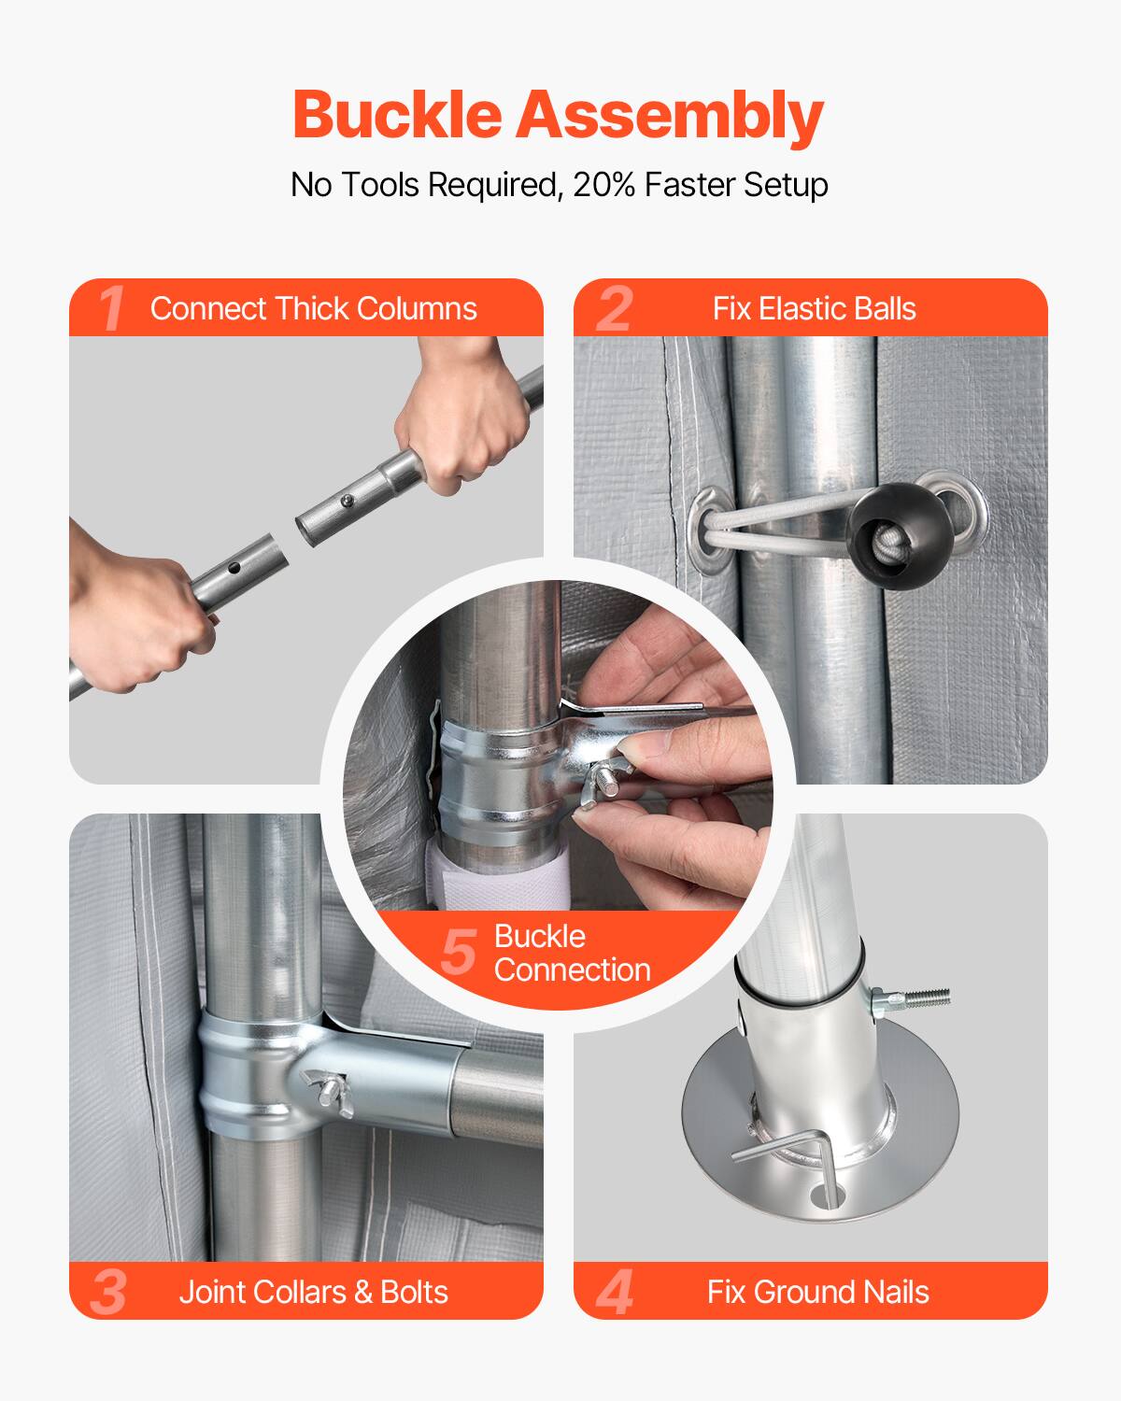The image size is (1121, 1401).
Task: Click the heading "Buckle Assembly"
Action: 558,115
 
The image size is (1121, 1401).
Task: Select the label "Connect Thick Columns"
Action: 313,308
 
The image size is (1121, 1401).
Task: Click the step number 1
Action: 111,308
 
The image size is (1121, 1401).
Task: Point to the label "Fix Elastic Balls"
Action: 814,308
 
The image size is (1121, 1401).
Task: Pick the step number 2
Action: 614,308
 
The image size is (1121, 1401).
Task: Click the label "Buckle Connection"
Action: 571,953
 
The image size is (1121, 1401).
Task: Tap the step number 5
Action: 459,952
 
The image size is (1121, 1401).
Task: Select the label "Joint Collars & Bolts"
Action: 313,1292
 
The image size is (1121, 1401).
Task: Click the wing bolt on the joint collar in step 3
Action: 328,1088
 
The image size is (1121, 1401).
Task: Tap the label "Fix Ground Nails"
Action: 817,1292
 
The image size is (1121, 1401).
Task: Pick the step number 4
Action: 615,1293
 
